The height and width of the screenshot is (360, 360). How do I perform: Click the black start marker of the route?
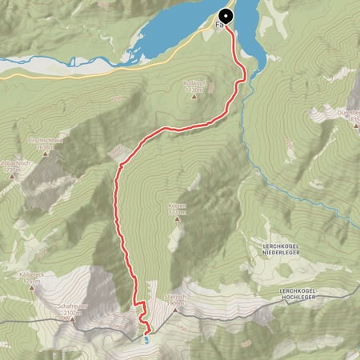226,15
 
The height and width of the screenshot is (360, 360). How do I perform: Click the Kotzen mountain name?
178,206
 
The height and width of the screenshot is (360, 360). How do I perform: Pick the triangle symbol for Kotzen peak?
178,219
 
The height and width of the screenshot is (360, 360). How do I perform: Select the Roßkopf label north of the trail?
193,82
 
